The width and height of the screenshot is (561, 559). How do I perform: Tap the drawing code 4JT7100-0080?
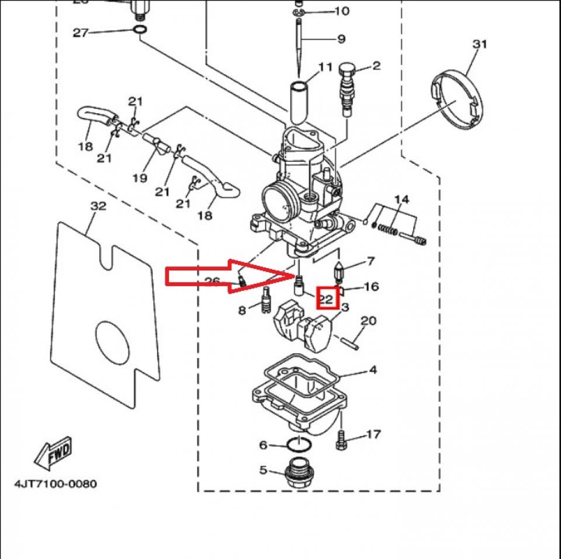[x=56, y=484]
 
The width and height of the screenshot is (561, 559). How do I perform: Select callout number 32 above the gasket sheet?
[x=98, y=207]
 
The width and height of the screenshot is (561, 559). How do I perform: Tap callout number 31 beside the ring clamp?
[x=479, y=44]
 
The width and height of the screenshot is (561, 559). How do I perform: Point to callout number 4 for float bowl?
[x=372, y=370]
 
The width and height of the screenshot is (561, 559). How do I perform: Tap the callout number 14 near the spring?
[x=401, y=200]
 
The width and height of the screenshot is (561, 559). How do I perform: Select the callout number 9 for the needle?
[x=341, y=39]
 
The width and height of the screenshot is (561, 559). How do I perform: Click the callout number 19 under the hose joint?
[x=139, y=178]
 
